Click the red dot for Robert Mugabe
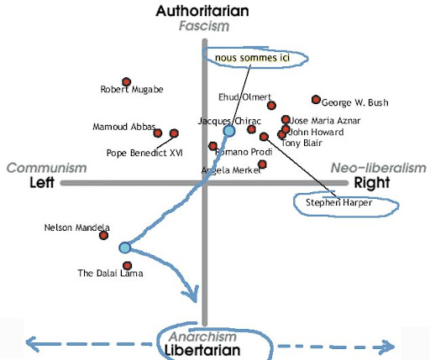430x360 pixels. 127,82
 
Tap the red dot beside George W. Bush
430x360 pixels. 316,100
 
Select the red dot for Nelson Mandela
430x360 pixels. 103,236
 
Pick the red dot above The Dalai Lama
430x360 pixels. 128,265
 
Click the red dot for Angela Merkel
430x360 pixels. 262,164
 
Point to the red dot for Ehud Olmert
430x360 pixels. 271,106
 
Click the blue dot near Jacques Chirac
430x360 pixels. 229,131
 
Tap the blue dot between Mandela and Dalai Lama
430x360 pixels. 124,248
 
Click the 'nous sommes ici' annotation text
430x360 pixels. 252,58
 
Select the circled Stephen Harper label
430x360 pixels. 338,202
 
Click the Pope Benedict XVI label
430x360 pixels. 144,153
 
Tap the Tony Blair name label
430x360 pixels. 302,143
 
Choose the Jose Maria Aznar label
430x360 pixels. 325,121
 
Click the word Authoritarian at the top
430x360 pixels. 202,11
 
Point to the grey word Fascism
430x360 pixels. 204,26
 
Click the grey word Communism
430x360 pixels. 46,168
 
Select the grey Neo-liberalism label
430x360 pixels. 379,168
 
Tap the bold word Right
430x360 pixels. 372,183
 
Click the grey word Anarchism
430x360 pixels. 203,337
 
